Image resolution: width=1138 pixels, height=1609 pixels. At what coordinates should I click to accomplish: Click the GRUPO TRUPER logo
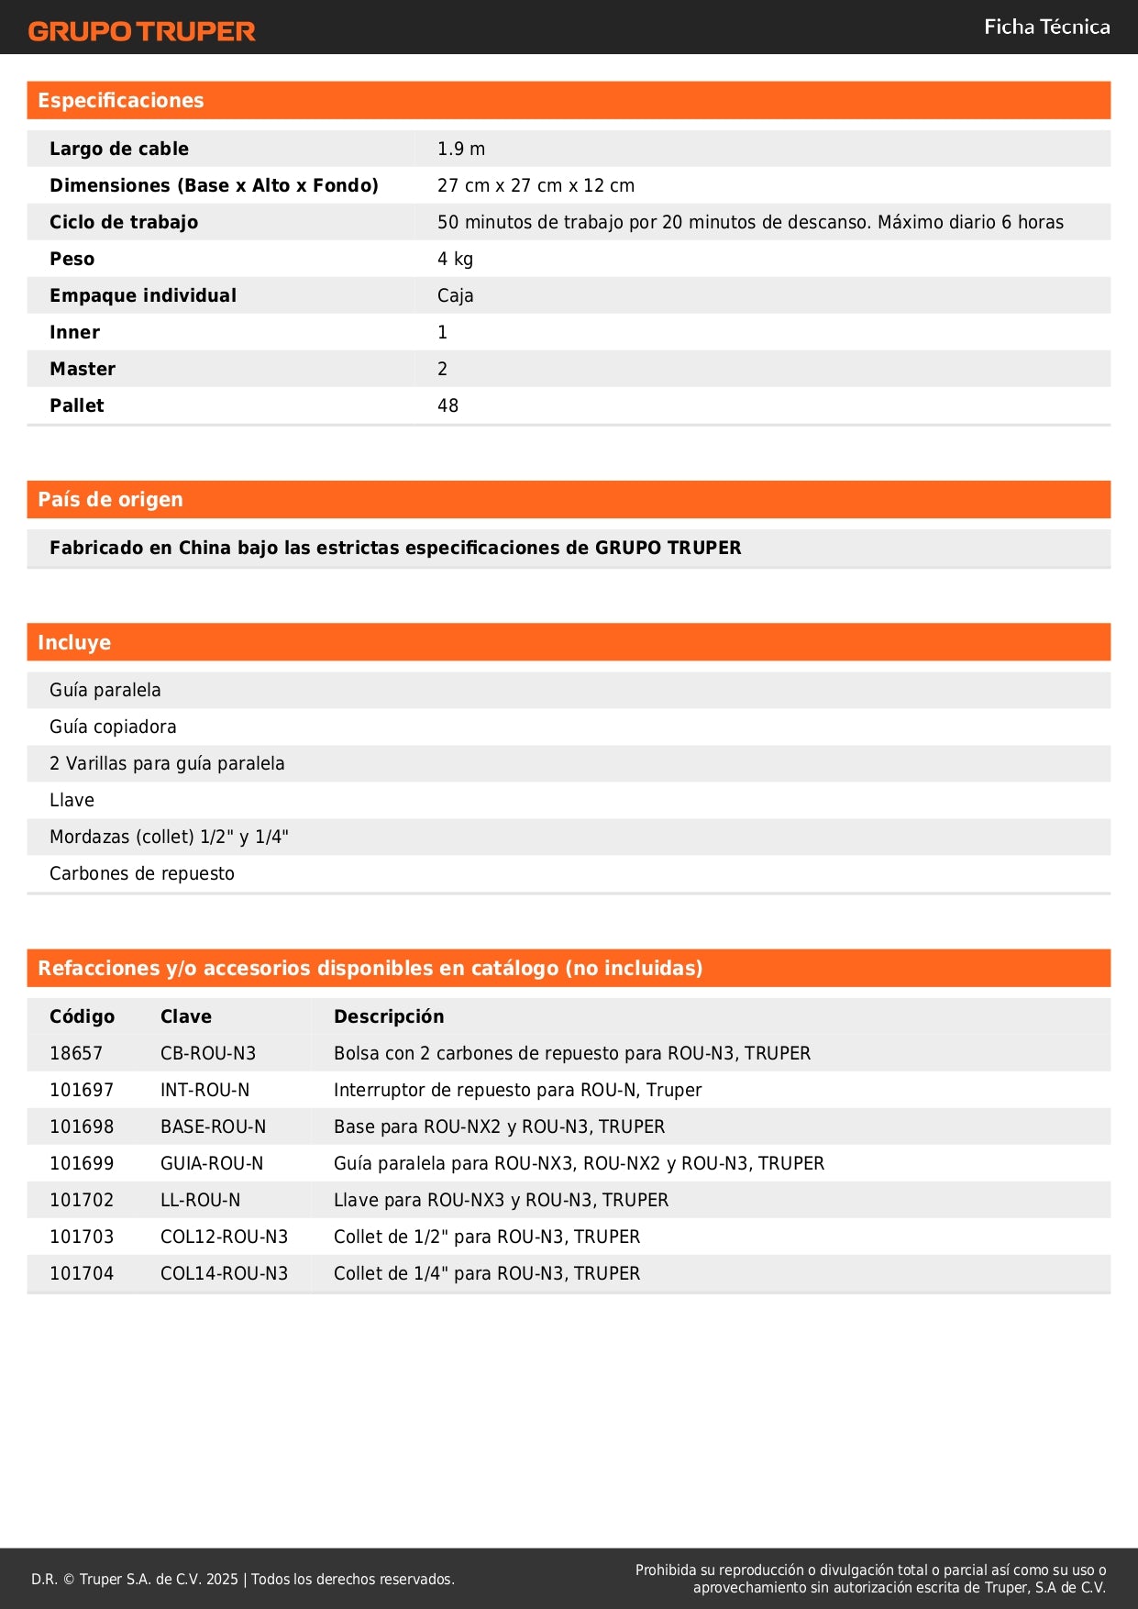click(141, 31)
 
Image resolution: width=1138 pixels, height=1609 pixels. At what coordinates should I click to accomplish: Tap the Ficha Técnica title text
click(1046, 28)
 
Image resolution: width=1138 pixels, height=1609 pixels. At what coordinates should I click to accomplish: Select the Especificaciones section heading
click(121, 101)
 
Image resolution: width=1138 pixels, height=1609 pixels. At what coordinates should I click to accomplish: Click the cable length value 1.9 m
click(461, 149)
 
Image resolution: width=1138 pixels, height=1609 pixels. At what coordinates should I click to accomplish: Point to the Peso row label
click(72, 259)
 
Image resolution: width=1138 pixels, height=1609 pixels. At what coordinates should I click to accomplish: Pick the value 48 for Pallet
click(447, 405)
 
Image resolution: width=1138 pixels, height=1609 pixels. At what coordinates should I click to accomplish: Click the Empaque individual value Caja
click(455, 295)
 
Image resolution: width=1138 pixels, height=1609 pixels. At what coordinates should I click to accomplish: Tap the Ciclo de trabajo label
click(124, 222)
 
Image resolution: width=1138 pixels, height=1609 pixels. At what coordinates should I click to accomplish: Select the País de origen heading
click(110, 500)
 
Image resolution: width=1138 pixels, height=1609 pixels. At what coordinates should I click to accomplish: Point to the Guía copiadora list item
click(113, 727)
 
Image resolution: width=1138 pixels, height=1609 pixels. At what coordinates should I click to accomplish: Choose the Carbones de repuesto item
click(142, 873)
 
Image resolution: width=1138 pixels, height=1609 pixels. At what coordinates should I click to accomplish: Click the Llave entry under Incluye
click(72, 800)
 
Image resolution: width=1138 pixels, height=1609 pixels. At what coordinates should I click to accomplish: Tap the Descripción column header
click(389, 1016)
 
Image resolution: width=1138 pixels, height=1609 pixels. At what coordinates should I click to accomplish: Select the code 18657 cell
click(76, 1053)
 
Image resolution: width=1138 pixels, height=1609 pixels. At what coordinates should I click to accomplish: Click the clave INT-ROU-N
click(204, 1090)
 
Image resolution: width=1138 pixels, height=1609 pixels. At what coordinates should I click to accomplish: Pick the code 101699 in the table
click(82, 1163)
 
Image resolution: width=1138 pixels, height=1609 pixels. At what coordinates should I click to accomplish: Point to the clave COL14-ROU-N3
click(224, 1273)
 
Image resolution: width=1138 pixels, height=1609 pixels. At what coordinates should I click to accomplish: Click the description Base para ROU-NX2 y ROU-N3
click(499, 1126)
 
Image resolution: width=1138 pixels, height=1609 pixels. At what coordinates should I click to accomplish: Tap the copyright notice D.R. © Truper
click(242, 1579)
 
